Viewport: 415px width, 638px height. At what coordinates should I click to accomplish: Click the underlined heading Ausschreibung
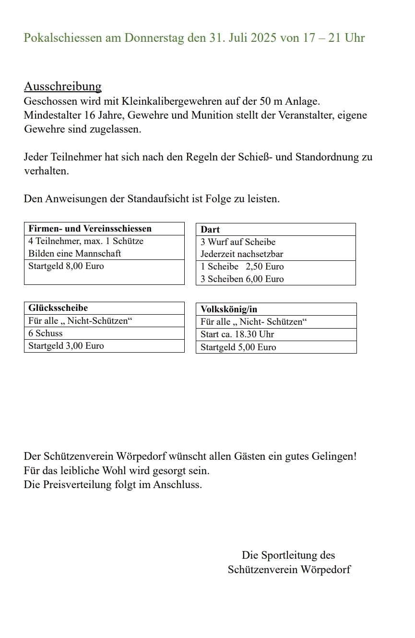click(x=62, y=86)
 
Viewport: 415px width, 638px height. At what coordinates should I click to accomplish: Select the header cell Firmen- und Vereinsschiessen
click(x=90, y=229)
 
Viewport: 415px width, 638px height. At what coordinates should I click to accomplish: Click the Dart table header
click(x=210, y=230)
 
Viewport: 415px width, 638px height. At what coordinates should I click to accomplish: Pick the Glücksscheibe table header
click(x=58, y=308)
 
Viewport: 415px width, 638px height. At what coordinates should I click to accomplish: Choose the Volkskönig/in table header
click(x=229, y=309)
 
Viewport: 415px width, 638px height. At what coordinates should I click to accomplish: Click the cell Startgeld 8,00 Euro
click(x=66, y=266)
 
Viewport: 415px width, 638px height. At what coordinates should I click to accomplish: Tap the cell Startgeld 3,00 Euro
click(x=66, y=346)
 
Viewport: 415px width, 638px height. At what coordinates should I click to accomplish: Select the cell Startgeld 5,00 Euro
click(x=238, y=347)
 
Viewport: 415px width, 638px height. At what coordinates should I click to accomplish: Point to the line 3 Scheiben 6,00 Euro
click(x=242, y=279)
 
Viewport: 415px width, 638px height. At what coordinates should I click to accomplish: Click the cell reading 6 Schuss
click(x=46, y=333)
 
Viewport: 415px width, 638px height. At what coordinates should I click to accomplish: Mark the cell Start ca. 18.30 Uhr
click(x=237, y=334)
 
